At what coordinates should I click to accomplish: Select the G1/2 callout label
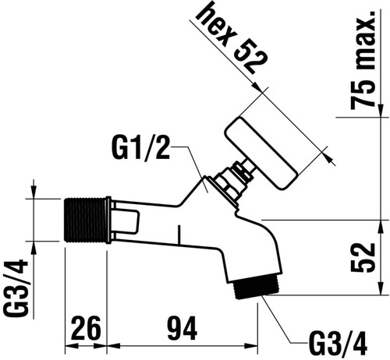[x=141, y=148]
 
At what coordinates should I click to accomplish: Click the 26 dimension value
[x=86, y=328]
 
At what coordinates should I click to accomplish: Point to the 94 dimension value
[x=182, y=328]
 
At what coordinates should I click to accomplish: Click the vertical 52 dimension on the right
[x=363, y=258]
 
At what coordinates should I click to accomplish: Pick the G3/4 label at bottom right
[x=339, y=344]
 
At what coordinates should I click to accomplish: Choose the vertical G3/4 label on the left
[x=16, y=288]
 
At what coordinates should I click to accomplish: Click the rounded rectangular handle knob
[x=264, y=153]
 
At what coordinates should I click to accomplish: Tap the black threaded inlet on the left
[x=85, y=220]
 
